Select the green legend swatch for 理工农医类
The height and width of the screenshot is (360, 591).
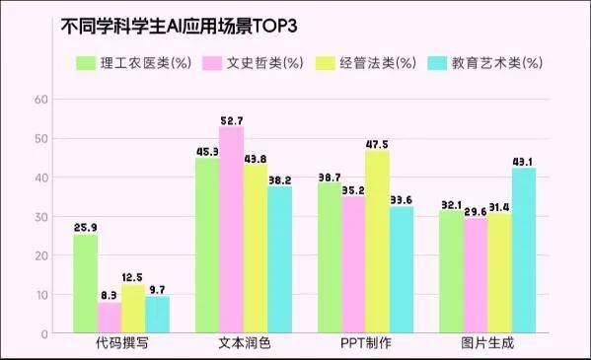[86, 63]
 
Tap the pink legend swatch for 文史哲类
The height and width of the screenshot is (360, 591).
[212, 63]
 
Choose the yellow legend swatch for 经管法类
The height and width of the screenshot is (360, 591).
[325, 63]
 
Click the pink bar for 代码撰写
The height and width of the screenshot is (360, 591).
[110, 318]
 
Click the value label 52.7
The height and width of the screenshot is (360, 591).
[232, 120]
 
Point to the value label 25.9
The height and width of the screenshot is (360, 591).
[86, 228]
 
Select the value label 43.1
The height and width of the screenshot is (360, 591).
[523, 162]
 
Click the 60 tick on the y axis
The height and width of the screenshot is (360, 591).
[40, 100]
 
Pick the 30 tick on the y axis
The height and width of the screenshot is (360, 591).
[40, 216]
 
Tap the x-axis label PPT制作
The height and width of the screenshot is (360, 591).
[352, 345]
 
